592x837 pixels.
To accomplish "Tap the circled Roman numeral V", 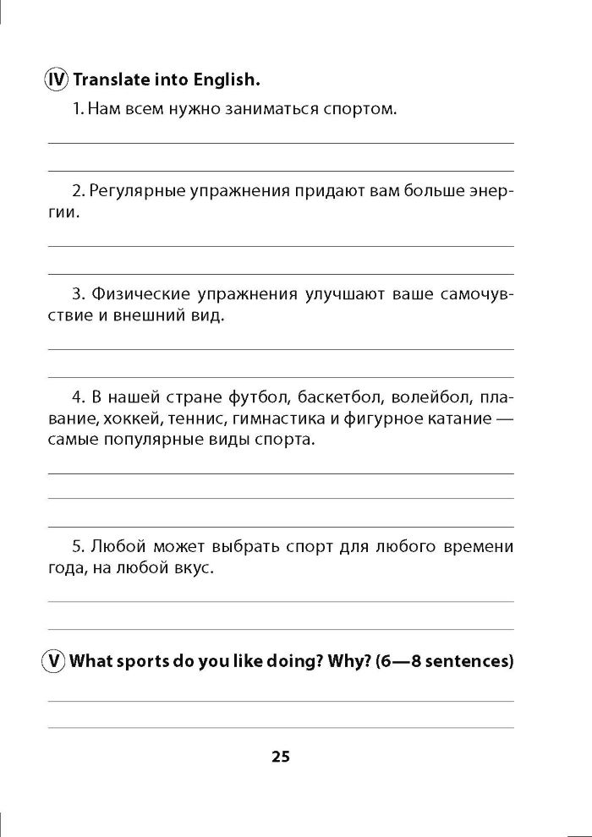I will [x=55, y=661].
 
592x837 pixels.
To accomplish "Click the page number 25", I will [x=281, y=757].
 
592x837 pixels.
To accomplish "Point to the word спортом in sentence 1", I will [x=362, y=109].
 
